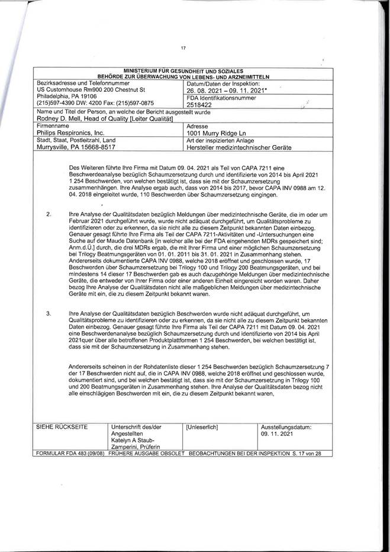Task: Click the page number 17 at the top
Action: pyautogui.click(x=183, y=49)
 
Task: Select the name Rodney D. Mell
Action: pyautogui.click(x=58, y=119)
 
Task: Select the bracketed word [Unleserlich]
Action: pyautogui.click(x=202, y=426)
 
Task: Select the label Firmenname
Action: pyautogui.click(x=53, y=127)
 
